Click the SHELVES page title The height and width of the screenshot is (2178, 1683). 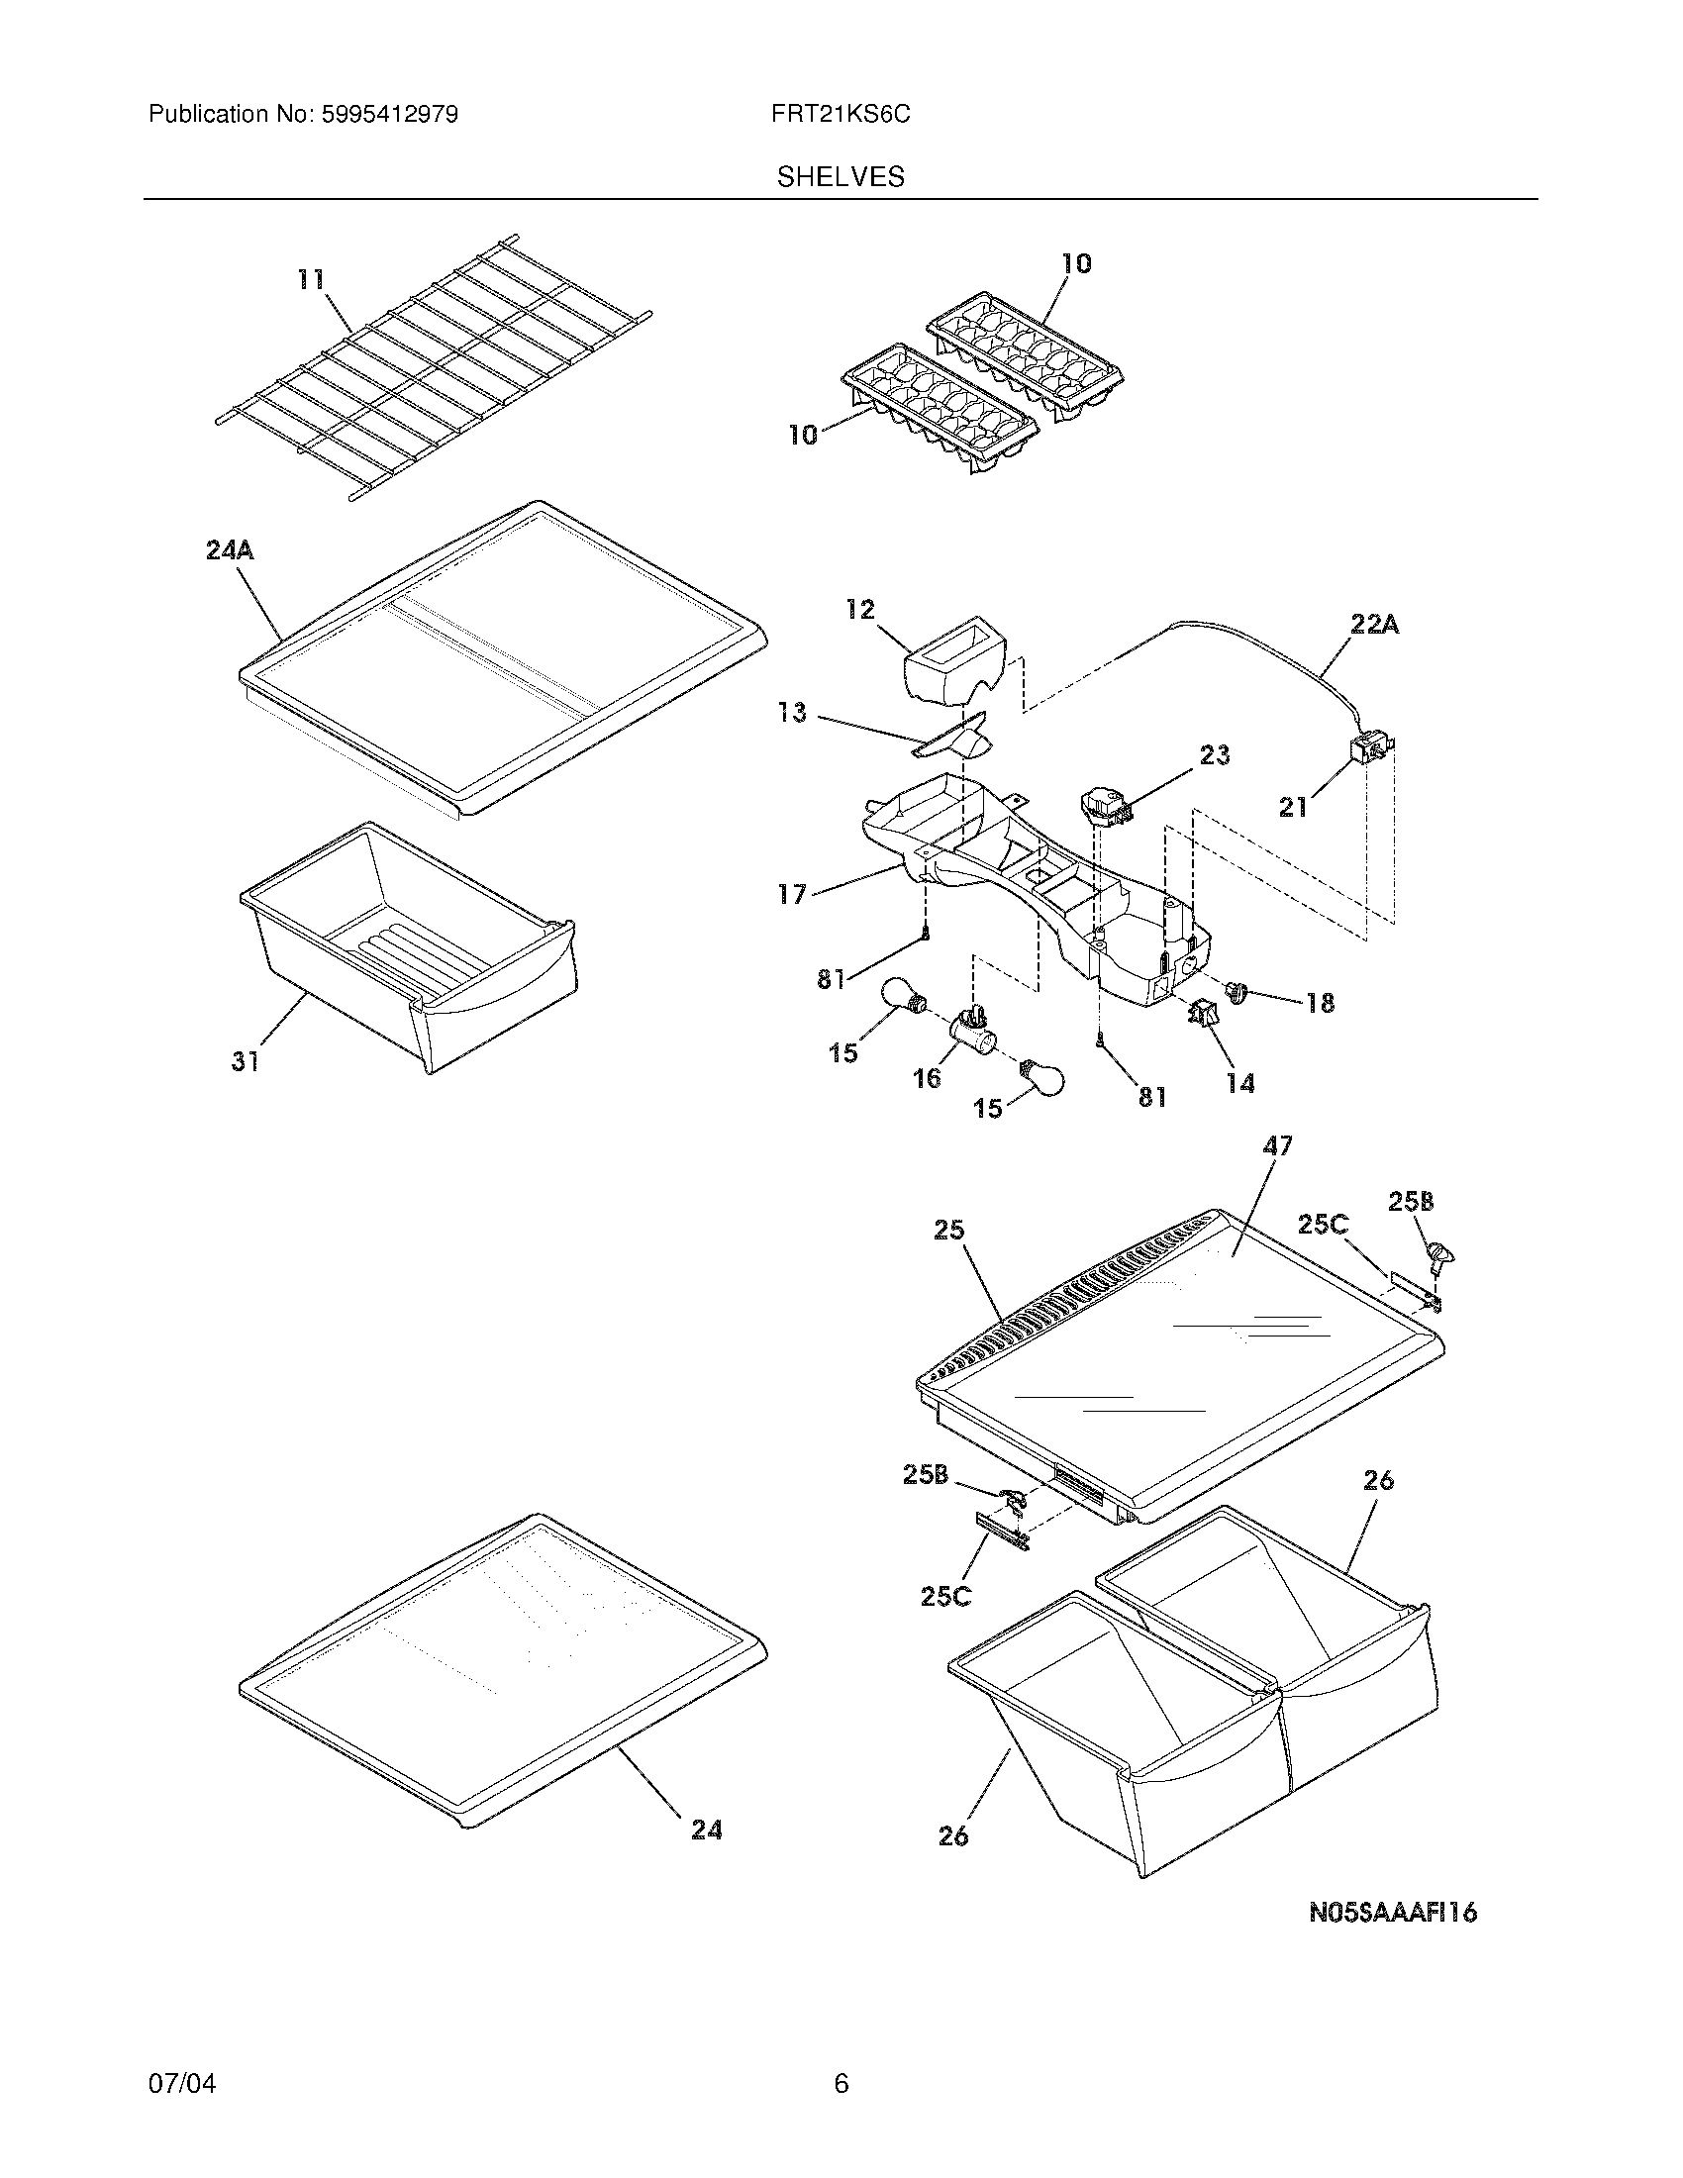840,177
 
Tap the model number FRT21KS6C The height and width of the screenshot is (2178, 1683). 840,115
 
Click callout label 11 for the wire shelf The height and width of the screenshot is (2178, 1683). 312,280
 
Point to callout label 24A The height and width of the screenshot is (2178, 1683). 230,549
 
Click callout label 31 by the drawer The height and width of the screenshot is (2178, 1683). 246,1062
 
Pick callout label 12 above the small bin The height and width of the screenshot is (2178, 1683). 860,609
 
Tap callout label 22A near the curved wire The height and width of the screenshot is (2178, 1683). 1374,626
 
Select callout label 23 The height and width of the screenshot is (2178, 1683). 1215,755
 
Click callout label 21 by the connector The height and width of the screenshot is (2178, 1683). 1293,807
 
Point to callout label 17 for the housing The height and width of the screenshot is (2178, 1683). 792,895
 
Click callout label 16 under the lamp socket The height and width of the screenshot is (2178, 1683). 927,1078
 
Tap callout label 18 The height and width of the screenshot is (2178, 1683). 1319,1003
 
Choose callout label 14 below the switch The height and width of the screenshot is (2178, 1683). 1240,1083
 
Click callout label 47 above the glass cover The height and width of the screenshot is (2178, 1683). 1277,1146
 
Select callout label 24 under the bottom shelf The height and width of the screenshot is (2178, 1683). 706,1829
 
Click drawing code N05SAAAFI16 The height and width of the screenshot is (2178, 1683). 1392,1913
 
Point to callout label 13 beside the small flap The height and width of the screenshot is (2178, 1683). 793,714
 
